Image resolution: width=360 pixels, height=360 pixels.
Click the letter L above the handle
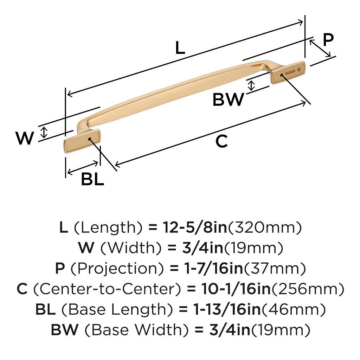click(x=180, y=48)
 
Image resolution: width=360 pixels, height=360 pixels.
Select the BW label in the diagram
click(x=228, y=99)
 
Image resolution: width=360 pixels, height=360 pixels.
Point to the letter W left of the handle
click(x=25, y=138)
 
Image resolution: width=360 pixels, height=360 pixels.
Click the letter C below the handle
click(x=221, y=141)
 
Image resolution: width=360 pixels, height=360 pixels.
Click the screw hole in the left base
click(x=90, y=139)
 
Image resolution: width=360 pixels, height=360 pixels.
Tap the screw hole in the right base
click(x=282, y=75)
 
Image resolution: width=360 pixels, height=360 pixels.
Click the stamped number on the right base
click(x=290, y=72)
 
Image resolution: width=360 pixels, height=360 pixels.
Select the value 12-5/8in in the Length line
click(x=195, y=227)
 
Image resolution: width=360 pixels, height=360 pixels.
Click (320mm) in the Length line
click(x=264, y=227)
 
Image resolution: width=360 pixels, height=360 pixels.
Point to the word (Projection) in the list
click(x=117, y=268)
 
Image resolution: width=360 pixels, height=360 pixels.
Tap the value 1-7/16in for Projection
click(x=214, y=268)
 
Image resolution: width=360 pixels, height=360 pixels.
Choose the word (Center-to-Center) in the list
click(x=107, y=289)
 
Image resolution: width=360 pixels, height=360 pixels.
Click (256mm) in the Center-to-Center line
click(x=308, y=289)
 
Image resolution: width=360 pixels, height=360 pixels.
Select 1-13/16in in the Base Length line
click(x=227, y=309)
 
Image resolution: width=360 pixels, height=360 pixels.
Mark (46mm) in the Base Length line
click(x=294, y=309)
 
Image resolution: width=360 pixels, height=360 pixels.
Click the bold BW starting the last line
click(x=65, y=330)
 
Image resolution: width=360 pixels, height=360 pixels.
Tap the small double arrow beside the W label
click(x=44, y=133)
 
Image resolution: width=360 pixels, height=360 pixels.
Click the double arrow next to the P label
click(x=320, y=48)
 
